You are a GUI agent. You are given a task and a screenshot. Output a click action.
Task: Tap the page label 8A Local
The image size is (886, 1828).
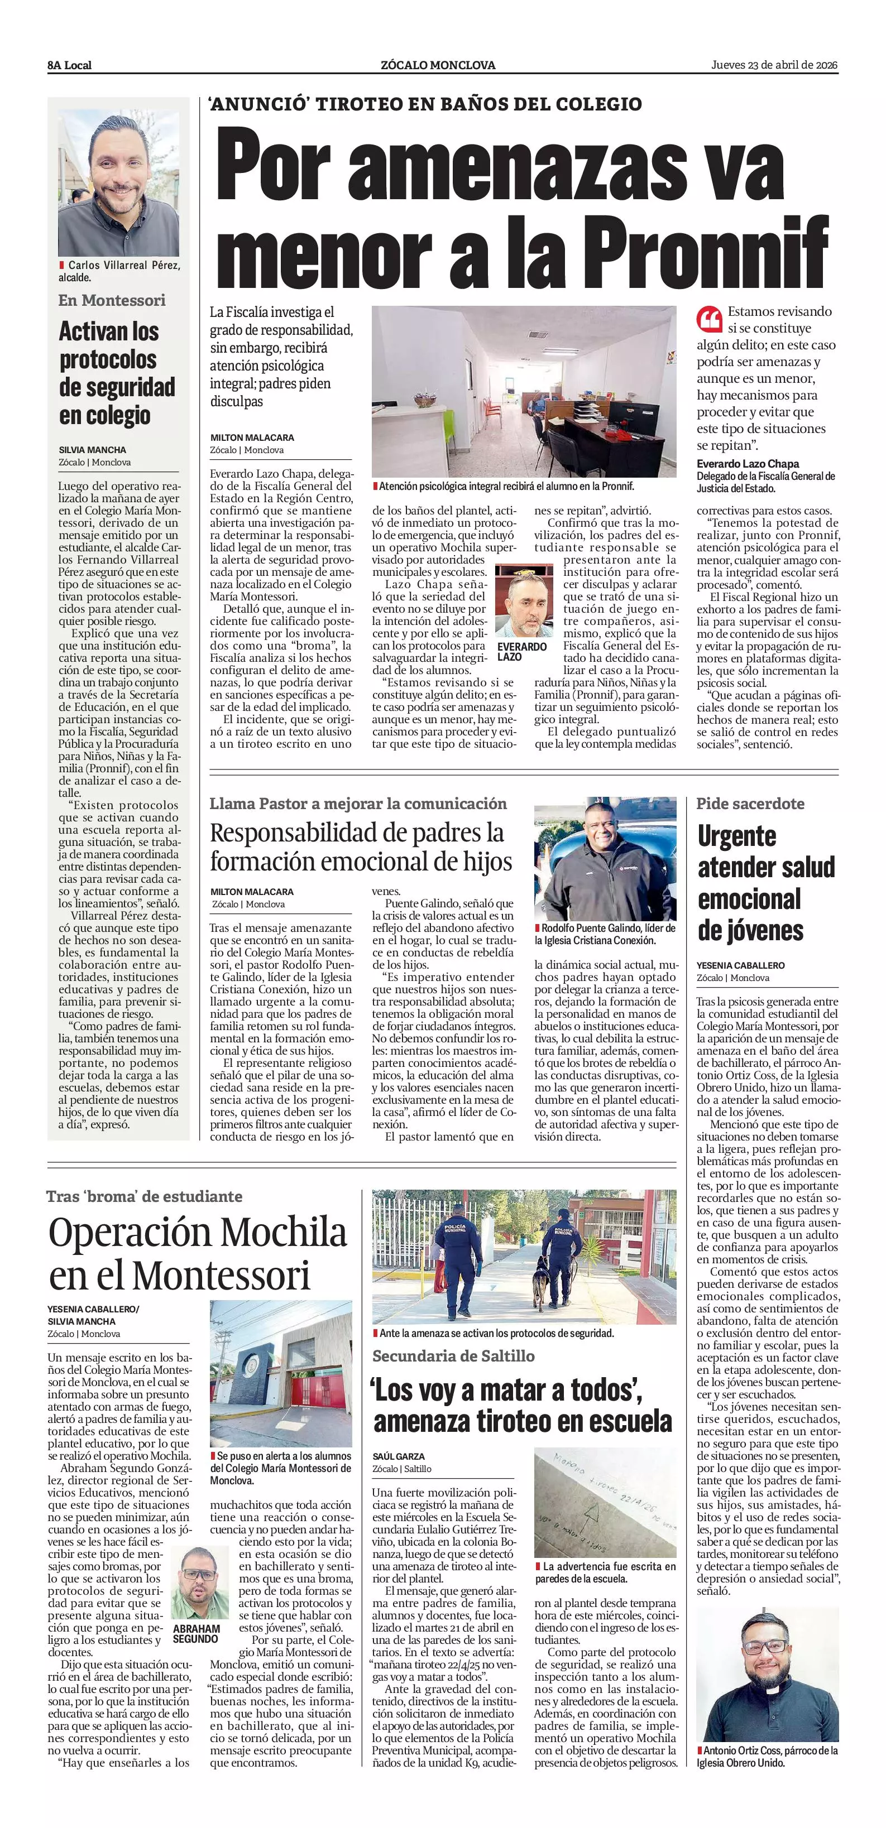pyautogui.click(x=70, y=65)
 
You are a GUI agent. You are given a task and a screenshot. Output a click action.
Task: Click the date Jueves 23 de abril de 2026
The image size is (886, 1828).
pyautogui.click(x=774, y=65)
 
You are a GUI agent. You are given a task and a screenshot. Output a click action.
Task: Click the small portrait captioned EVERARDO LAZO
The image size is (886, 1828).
pyautogui.click(x=524, y=602)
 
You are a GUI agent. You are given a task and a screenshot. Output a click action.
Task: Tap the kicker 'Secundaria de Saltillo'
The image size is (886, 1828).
pyautogui.click(x=453, y=1356)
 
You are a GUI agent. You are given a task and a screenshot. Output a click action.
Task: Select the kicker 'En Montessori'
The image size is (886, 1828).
pyautogui.click(x=112, y=300)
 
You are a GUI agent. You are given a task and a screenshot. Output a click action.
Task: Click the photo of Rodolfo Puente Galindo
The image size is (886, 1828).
pyautogui.click(x=605, y=862)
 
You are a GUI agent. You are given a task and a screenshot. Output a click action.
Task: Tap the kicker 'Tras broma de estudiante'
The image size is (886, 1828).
pyautogui.click(x=144, y=1196)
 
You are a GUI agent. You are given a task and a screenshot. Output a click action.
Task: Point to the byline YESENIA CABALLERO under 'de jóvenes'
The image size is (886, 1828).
pyautogui.click(x=740, y=965)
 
